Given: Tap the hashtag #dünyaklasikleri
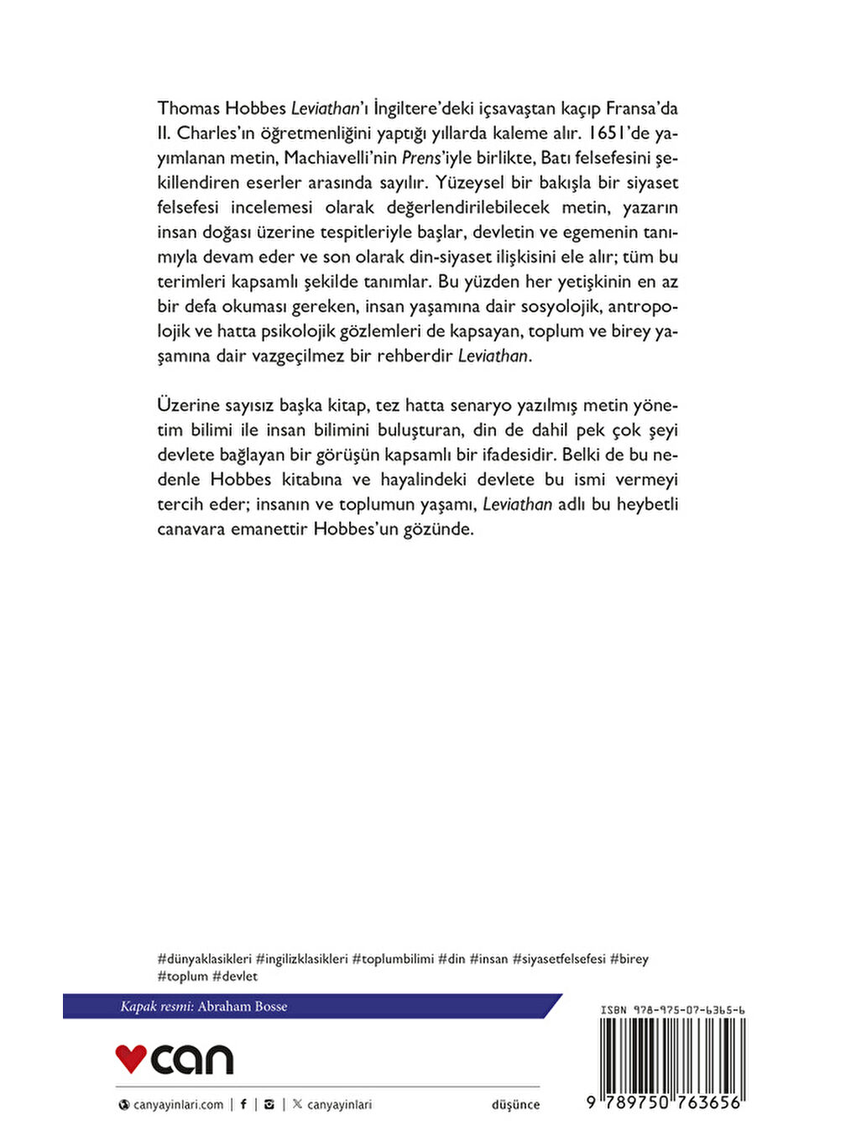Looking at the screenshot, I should pos(204,959).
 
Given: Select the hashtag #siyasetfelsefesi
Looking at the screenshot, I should pos(559,959).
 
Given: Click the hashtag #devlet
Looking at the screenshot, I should pos(235,977).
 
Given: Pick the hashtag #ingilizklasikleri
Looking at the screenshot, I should pos(302,959).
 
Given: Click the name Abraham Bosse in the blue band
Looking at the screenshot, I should pos(243,1007).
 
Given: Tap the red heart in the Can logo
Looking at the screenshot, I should pos(131,1058).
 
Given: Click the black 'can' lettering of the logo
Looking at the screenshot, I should pos(192,1060).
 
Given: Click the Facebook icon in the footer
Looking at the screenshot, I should pos(243,1104).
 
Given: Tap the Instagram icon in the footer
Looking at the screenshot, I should pos(269,1104).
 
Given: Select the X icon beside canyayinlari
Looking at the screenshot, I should pos(297,1104).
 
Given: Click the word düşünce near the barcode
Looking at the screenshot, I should pos(515,1105).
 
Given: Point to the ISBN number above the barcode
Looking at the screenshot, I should pos(673,1010).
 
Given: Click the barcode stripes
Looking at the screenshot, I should pos(671,1055).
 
